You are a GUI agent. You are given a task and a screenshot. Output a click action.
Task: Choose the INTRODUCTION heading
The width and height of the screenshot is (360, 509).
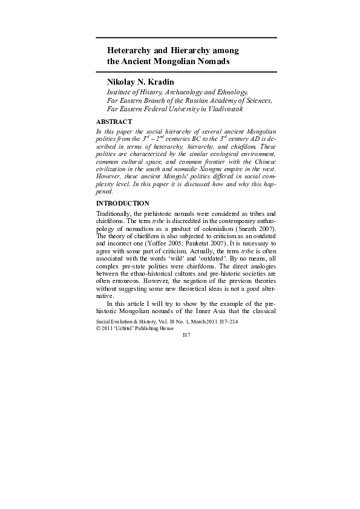[123, 203]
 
